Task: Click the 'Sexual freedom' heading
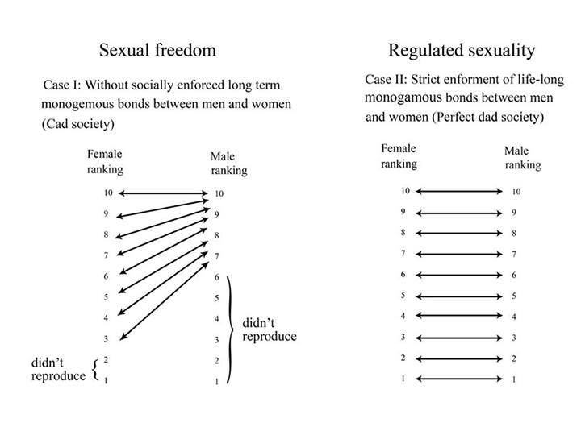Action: tap(157, 50)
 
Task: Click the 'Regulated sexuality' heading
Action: tap(462, 51)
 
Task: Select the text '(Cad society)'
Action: tap(77, 124)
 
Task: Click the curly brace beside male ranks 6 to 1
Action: tap(230, 329)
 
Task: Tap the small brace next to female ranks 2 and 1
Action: tap(96, 369)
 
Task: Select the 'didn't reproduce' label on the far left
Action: tap(58, 369)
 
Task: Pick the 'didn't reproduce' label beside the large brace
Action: tap(270, 329)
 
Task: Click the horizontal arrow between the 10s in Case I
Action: tap(163, 193)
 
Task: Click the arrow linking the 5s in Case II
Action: tap(458, 296)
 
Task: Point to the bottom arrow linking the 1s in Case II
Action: tap(458, 379)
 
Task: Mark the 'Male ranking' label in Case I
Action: tap(228, 163)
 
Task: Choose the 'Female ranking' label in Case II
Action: tap(399, 156)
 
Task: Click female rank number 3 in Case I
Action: tap(106, 339)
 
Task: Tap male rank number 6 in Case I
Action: tap(217, 277)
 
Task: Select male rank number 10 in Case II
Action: tap(516, 192)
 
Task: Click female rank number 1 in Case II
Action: tap(403, 379)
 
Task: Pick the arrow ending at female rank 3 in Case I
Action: tap(165, 300)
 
